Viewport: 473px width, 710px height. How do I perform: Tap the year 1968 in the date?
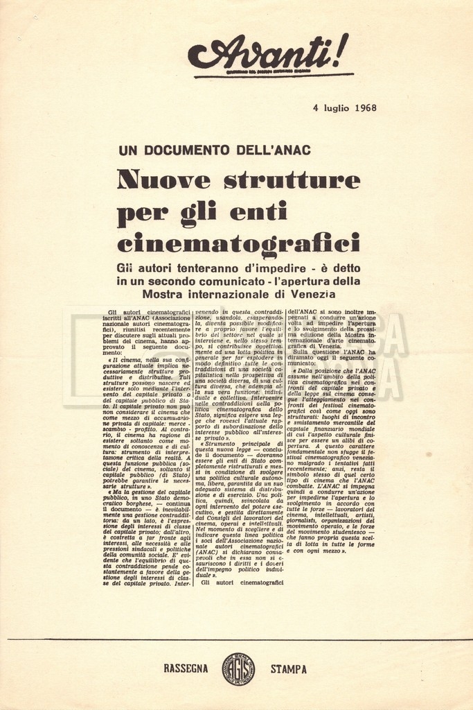coord(365,108)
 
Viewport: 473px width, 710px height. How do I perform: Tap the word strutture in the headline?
coord(292,180)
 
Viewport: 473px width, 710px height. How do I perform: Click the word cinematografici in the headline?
coord(238,243)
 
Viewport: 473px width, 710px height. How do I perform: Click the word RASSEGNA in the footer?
coord(186,669)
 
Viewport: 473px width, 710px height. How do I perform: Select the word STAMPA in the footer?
coord(289,669)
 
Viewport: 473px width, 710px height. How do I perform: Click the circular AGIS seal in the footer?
coord(238,669)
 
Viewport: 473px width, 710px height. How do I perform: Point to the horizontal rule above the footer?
coord(236,639)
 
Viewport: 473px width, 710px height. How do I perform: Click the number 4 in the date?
coord(315,108)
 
